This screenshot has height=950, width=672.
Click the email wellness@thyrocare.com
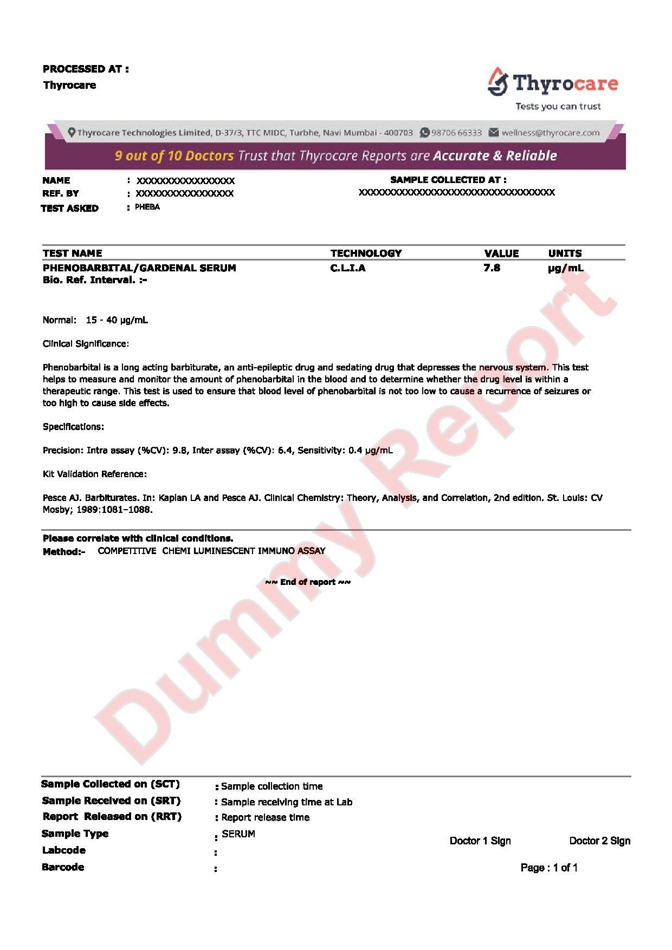(550, 133)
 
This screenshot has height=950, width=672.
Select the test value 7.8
(492, 268)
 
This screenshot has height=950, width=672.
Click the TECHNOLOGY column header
(366, 253)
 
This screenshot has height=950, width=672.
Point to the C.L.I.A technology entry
(347, 268)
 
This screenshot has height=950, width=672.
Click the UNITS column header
(565, 253)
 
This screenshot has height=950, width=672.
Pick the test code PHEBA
(147, 207)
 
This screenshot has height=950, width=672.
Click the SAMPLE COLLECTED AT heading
(448, 180)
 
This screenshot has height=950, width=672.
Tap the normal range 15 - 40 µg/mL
(117, 320)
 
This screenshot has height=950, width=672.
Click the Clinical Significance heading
(86, 343)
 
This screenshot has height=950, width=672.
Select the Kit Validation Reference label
(95, 474)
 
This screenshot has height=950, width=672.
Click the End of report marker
(307, 582)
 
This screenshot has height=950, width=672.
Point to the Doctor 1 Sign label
(480, 841)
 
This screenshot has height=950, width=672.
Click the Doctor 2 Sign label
(599, 841)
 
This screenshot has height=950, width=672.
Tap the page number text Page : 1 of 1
(549, 868)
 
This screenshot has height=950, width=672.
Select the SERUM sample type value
(238, 834)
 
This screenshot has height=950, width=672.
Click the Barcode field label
(63, 867)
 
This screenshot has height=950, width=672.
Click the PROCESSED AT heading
(86, 69)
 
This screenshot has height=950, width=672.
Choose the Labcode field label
(63, 850)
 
